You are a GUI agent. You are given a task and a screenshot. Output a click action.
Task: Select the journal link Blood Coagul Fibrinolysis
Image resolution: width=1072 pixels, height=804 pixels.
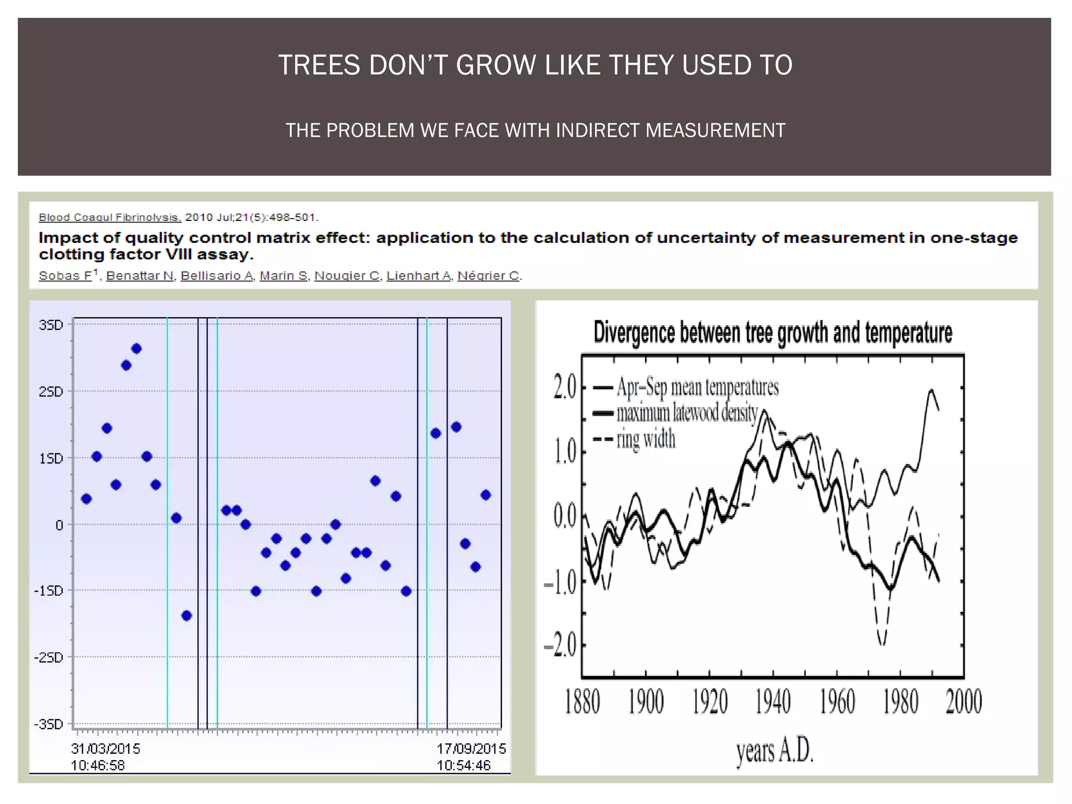(x=110, y=217)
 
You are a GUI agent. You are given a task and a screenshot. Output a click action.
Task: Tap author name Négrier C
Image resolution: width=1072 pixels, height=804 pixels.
(x=489, y=275)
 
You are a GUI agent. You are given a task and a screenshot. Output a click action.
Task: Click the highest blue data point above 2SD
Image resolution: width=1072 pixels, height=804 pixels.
(x=137, y=349)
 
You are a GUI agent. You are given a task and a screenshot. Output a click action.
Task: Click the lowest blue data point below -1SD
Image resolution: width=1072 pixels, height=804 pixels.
(x=186, y=616)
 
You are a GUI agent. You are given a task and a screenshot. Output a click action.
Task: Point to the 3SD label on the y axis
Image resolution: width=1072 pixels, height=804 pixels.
(x=51, y=325)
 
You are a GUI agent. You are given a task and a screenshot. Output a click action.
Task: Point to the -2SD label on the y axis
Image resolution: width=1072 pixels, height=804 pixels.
(x=49, y=657)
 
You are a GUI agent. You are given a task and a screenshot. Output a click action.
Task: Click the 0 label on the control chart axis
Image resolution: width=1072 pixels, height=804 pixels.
(x=59, y=525)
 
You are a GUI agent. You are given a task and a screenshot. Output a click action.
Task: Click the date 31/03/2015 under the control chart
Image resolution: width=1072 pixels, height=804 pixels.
(x=106, y=749)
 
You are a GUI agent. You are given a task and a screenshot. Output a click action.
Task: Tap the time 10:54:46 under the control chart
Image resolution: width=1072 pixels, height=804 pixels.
(x=464, y=765)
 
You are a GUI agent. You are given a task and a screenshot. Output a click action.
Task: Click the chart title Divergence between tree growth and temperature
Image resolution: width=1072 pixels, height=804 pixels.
(x=773, y=333)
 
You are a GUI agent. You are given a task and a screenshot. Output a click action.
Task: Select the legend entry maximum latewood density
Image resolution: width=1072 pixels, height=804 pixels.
(x=687, y=414)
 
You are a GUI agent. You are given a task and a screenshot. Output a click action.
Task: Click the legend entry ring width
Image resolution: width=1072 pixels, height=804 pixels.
(x=646, y=439)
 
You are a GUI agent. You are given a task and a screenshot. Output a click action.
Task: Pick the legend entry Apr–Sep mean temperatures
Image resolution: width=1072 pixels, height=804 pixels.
(x=697, y=387)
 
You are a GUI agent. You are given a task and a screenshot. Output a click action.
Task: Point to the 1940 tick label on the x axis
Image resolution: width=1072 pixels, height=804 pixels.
(x=773, y=702)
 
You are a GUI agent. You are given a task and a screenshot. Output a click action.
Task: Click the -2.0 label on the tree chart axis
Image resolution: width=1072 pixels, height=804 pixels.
(x=560, y=646)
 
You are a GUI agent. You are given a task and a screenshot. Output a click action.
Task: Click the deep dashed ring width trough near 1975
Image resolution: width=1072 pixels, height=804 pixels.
(x=882, y=643)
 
